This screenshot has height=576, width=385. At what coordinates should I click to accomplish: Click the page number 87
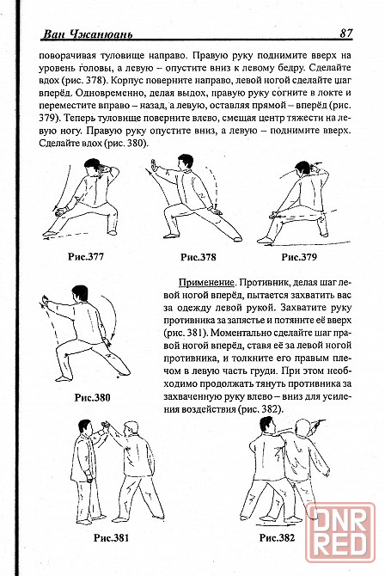pos(346,33)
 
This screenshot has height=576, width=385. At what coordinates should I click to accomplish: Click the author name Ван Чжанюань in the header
pos(88,34)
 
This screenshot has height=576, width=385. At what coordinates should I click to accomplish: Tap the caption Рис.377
pos(86,256)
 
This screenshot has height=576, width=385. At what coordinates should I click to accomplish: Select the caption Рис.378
pos(199,257)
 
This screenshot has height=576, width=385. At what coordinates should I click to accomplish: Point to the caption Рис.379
pos(299,257)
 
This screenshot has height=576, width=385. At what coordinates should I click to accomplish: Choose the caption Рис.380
pos(92,397)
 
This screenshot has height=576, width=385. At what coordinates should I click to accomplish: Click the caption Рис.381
pos(112,538)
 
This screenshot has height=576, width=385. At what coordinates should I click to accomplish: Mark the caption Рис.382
pos(277,538)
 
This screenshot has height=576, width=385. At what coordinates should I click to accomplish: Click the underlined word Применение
pos(206,283)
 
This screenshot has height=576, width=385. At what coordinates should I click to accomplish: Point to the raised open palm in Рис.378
pos(155,165)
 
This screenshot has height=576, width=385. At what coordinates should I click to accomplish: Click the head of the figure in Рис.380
pos(81,293)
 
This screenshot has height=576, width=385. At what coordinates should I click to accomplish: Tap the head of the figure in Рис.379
pos(302,169)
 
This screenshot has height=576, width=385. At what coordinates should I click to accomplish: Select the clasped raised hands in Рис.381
pos(106,427)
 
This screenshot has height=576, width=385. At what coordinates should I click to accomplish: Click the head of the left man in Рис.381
pos(85,427)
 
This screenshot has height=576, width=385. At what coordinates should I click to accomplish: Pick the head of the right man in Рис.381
pos(131,429)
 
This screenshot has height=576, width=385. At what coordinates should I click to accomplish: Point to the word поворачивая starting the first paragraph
pos(67,56)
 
